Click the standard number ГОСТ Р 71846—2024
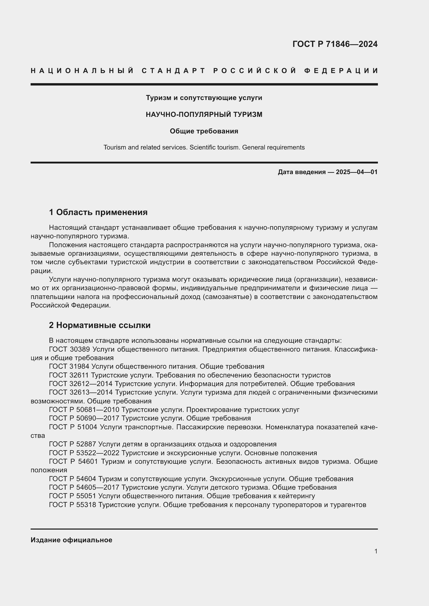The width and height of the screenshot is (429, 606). tap(335, 44)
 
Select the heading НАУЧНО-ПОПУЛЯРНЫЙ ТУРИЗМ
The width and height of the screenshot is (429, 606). tap(204, 115)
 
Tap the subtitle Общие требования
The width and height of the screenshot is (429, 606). tap(204, 131)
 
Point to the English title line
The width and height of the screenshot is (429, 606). tap(204, 147)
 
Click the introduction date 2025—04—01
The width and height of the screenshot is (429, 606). tap(357, 172)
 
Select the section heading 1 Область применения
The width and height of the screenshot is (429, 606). tap(98, 212)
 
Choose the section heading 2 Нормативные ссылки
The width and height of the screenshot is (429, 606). tap(100, 325)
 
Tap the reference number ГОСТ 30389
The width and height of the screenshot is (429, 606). tap(70, 349)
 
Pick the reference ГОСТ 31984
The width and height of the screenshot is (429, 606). tap(70, 366)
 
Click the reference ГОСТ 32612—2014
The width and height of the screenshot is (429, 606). tap(81, 383)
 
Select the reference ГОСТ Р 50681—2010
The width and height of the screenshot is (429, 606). tap(84, 410)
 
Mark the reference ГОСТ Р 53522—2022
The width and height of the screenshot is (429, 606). tap(84, 453)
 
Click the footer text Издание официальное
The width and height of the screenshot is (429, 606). tap(71, 540)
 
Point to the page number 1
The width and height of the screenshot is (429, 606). tap(376, 551)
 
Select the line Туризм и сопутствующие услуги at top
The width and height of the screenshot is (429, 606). tap(204, 98)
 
